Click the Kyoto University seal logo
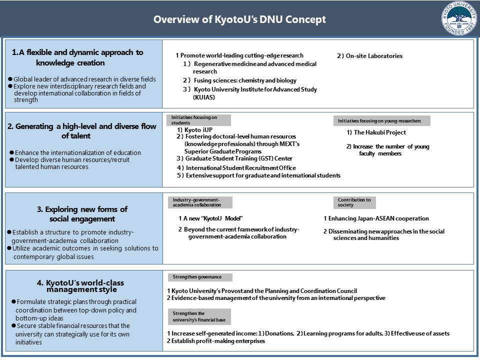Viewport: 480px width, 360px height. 458,18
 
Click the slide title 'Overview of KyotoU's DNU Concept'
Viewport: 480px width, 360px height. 239,19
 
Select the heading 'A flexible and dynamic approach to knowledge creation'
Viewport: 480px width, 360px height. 77,57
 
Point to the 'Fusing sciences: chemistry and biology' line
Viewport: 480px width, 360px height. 239,80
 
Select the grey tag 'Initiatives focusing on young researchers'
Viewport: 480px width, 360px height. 381,120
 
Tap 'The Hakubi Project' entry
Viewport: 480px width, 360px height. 376,132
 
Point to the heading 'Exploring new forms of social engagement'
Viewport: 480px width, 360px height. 82,214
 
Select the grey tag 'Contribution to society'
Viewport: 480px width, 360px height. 354,202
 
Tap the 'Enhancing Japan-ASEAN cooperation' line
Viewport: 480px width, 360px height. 376,218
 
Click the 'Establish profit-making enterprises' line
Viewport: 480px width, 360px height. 215,341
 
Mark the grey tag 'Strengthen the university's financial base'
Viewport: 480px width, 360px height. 199,316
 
